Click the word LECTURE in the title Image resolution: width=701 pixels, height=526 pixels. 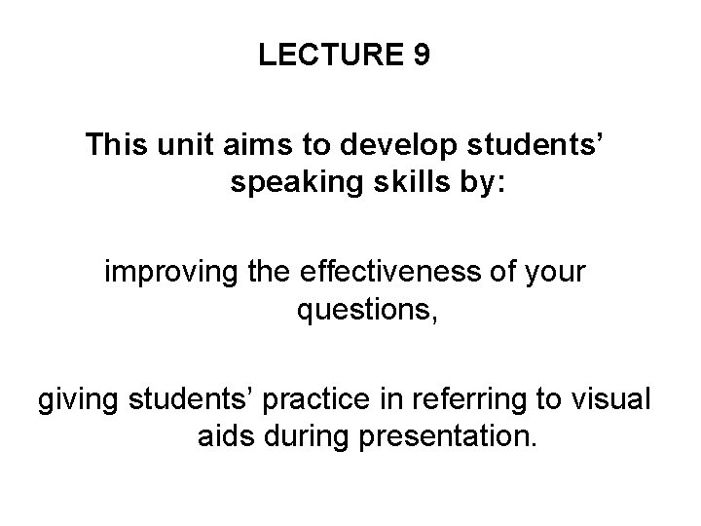pos(329,56)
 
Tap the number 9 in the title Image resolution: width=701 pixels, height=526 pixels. pos(420,56)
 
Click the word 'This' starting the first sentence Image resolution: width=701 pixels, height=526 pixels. pos(115,146)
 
